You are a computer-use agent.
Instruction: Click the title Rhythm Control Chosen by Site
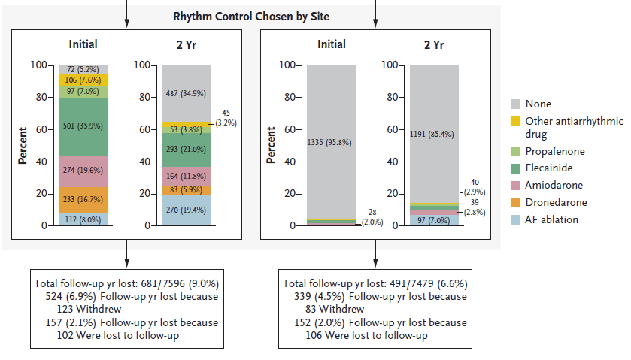click(251, 15)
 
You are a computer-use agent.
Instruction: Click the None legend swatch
click(516, 104)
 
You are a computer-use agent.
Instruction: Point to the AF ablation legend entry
click(551, 219)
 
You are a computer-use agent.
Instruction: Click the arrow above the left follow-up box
click(126, 256)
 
